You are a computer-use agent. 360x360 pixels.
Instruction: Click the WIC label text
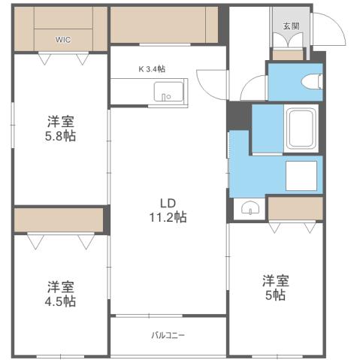pos(62,41)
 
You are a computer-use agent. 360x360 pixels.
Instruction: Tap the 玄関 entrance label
pos(289,26)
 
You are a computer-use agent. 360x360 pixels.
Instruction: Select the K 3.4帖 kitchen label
pos(151,68)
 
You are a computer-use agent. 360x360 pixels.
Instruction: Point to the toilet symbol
pos(310,81)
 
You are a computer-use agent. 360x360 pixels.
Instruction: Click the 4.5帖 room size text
pos(60,301)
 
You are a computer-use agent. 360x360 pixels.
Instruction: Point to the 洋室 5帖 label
pos(275,288)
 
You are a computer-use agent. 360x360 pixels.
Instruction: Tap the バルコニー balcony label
pos(168,334)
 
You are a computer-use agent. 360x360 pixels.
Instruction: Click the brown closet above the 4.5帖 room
pos(59,219)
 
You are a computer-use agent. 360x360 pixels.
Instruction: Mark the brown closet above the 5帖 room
pos(295,208)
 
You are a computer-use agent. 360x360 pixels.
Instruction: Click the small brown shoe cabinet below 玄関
pos(288,54)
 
